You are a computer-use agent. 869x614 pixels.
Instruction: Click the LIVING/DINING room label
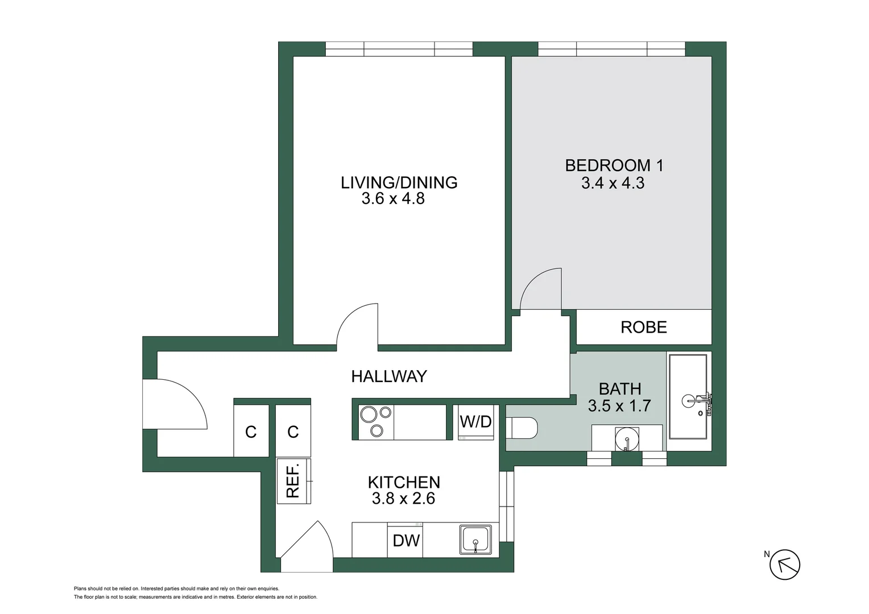(399, 182)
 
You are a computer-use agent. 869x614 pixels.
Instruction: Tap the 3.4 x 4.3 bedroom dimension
(613, 183)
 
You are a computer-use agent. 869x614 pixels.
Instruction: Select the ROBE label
(643, 327)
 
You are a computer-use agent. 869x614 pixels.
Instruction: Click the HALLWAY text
(388, 376)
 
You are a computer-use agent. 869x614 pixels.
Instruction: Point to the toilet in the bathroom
(522, 428)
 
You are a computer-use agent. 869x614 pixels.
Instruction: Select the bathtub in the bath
(688, 396)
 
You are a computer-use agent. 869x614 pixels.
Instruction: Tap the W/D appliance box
(476, 422)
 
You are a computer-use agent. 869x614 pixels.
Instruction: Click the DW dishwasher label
(406, 541)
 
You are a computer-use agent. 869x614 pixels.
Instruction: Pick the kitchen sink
(475, 540)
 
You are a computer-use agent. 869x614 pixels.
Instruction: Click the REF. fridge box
(293, 481)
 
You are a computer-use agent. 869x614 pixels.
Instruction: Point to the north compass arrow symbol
(785, 565)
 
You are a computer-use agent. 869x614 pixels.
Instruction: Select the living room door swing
(358, 325)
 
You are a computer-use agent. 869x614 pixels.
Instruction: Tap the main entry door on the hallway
(173, 404)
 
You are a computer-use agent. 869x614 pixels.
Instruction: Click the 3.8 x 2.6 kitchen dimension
(403, 499)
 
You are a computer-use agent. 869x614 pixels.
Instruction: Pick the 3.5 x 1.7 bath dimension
(619, 406)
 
